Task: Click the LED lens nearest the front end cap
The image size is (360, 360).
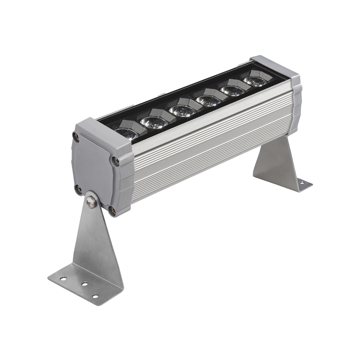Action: point(126,133)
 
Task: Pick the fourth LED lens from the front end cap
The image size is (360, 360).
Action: point(208,100)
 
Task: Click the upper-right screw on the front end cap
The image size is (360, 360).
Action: point(115,161)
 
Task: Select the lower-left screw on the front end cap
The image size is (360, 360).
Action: point(77,188)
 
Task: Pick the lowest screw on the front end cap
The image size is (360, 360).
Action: point(112,210)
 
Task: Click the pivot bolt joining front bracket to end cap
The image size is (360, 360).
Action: point(90,201)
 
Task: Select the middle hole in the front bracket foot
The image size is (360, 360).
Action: point(84,284)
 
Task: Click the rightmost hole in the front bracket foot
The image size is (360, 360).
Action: point(96,296)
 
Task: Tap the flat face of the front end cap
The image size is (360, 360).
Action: point(94,168)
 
